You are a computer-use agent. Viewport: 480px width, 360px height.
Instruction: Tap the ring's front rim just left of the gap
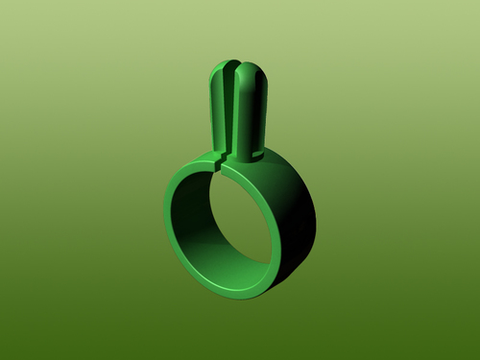coord(206,168)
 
